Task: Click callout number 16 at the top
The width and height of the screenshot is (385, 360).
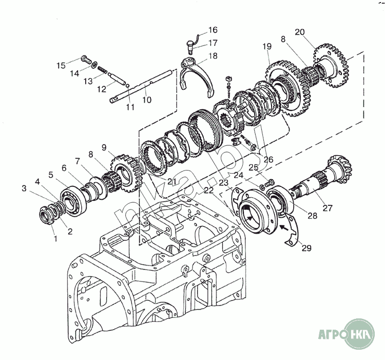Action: click(213, 30)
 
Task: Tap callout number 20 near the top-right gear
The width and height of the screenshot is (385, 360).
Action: click(300, 31)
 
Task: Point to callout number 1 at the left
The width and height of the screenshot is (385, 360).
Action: click(55, 239)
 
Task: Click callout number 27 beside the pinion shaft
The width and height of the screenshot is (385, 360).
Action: click(326, 209)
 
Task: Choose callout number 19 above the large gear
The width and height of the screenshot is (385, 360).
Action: click(267, 47)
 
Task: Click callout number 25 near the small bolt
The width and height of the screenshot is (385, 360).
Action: click(253, 167)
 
